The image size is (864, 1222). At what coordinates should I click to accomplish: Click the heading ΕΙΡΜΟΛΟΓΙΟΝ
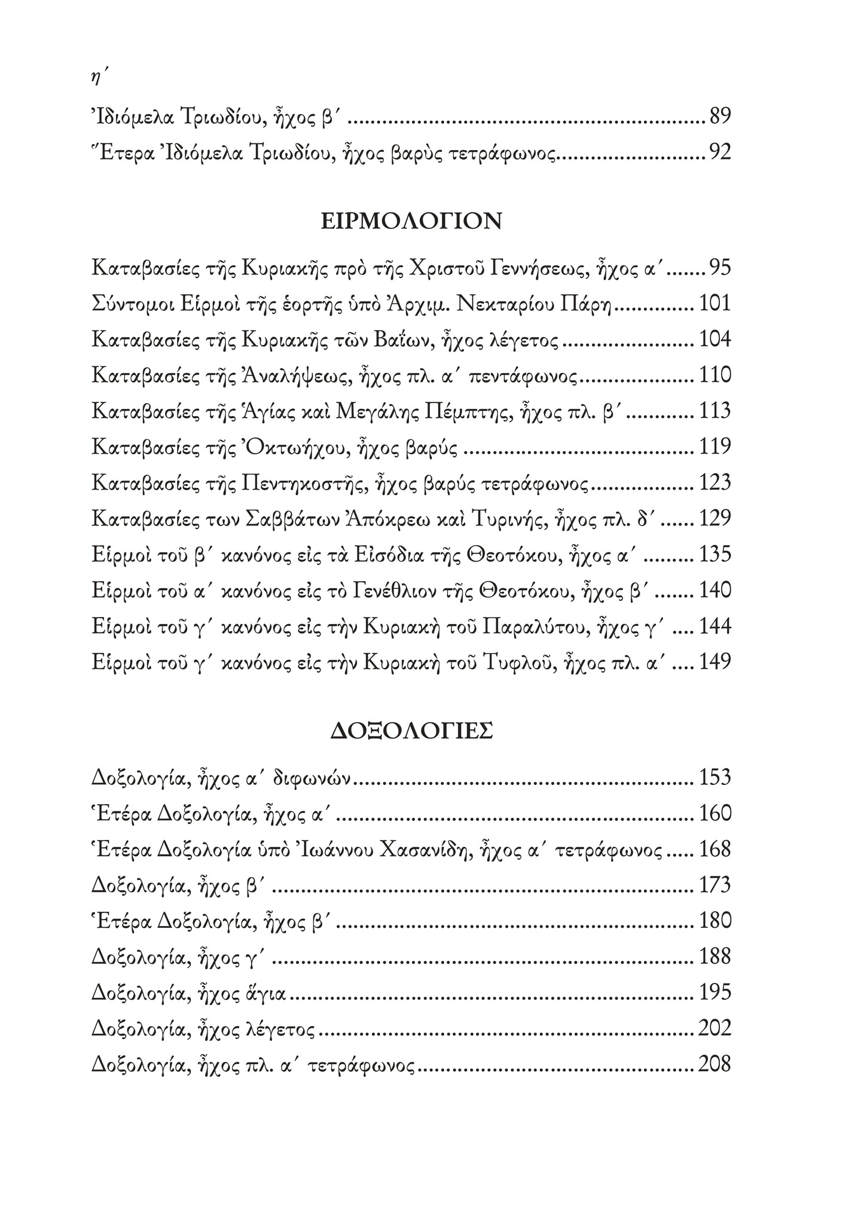[411, 222]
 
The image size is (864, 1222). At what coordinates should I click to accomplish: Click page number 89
[720, 116]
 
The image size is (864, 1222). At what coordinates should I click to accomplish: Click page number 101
[715, 304]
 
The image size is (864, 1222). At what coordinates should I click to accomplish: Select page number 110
[715, 375]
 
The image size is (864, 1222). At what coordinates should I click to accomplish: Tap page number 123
[715, 482]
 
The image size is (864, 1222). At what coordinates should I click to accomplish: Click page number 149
[715, 662]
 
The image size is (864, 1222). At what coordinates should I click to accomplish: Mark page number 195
[715, 992]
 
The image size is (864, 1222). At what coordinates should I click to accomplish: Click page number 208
[715, 1064]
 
